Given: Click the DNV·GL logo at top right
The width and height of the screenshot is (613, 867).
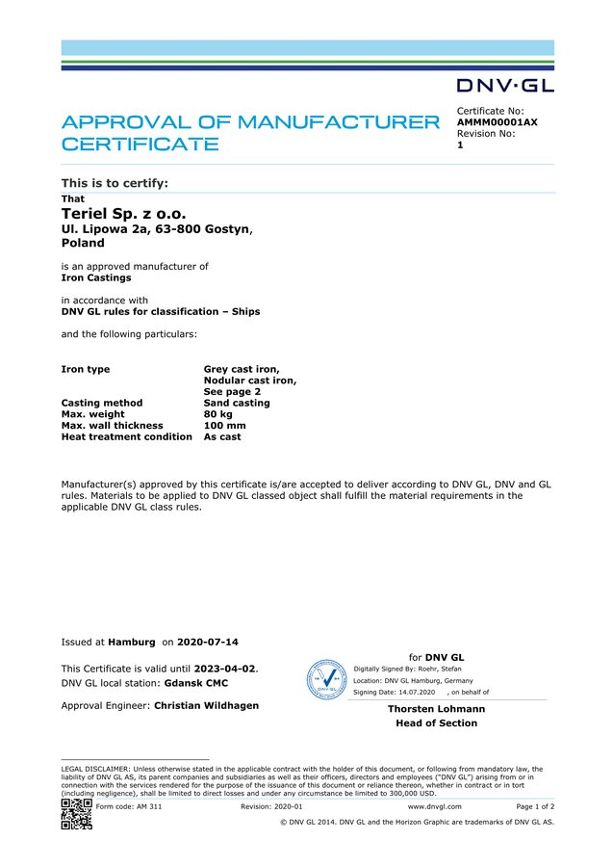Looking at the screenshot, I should (505, 86).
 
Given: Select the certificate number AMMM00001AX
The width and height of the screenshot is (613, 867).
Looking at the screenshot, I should (497, 122).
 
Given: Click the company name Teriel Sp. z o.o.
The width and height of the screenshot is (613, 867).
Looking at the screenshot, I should (123, 213).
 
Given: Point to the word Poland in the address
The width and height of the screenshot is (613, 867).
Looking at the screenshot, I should (83, 243).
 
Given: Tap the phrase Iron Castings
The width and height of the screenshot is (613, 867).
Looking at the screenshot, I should (96, 277).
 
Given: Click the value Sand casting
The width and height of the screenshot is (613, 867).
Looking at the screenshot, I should (237, 403).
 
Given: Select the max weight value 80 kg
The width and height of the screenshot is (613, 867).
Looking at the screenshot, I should (217, 414).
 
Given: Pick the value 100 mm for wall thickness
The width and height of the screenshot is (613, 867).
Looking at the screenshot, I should (224, 425).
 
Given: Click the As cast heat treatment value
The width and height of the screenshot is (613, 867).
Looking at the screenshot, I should (222, 436).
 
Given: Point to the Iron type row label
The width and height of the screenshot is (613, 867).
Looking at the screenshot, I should (86, 369).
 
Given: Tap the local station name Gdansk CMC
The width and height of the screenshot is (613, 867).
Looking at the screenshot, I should (198, 683).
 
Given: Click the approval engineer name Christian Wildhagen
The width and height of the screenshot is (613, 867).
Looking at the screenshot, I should (206, 705).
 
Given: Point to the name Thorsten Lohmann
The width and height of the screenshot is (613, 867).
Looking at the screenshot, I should (436, 709).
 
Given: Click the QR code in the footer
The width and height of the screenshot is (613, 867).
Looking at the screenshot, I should (76, 813).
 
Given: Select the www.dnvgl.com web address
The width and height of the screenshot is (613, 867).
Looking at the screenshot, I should (434, 806).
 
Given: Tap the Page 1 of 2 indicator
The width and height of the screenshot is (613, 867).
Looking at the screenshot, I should (535, 806).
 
